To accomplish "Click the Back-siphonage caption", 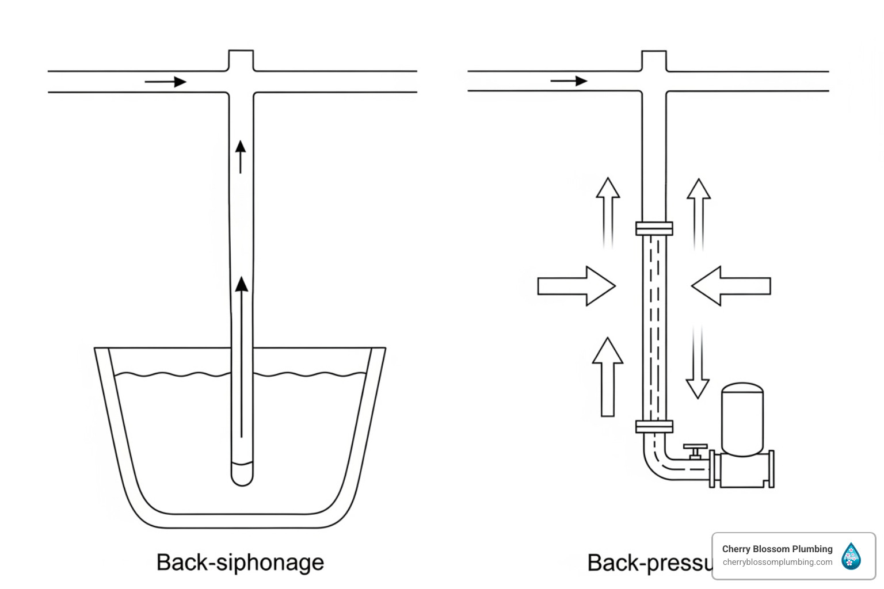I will (240, 562).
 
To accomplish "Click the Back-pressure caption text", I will (649, 563).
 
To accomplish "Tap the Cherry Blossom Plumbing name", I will (777, 549).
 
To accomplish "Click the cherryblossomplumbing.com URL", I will (777, 562).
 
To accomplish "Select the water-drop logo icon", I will (851, 556).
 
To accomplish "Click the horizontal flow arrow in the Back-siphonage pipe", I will (166, 82).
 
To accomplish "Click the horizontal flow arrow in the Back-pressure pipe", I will (569, 81).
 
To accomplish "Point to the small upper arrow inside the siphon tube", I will (241, 156).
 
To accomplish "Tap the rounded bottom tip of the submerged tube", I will (242, 476).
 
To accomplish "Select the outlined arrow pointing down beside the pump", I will (698, 362).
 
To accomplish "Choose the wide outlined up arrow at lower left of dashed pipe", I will (608, 377).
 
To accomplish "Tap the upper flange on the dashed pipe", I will (654, 228).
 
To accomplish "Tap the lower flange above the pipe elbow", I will (654, 427).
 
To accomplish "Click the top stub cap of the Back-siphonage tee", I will (241, 59).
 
